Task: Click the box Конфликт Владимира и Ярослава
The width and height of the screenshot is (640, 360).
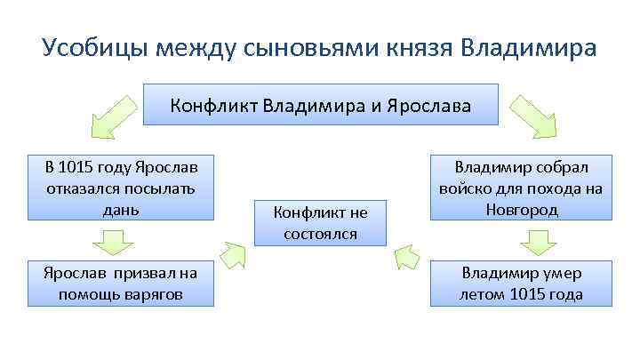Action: tap(321, 106)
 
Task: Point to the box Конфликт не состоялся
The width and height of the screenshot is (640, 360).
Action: tap(321, 222)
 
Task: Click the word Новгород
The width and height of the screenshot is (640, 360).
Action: tap(522, 210)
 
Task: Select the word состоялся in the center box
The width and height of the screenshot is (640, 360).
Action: tap(321, 234)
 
